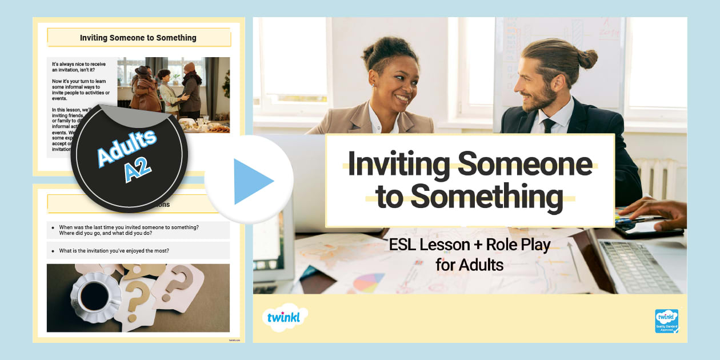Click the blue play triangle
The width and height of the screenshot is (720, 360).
(x=251, y=181)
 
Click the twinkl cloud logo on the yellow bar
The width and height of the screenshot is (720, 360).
(x=286, y=317)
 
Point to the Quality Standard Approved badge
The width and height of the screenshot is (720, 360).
(x=666, y=321)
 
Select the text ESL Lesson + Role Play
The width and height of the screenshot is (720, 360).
(x=469, y=245)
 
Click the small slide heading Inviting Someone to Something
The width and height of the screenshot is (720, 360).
(x=138, y=38)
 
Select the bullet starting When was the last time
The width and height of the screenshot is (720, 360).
(x=129, y=230)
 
